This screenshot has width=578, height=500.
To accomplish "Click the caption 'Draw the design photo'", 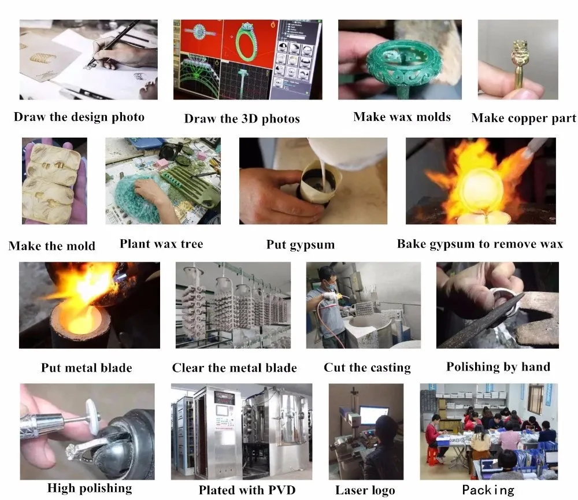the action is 79,117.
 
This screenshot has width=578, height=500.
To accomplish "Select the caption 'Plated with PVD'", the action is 247,490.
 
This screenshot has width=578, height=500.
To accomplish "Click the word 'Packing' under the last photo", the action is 488,490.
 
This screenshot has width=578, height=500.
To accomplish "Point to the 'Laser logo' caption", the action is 365,490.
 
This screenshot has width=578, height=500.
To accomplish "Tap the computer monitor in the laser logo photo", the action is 374,416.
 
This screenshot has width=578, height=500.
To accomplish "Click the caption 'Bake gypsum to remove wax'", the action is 480,244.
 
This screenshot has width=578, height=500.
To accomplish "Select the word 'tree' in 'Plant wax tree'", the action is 192,244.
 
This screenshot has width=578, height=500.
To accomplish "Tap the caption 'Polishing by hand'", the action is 498,367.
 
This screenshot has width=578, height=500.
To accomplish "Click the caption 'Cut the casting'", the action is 367,368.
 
